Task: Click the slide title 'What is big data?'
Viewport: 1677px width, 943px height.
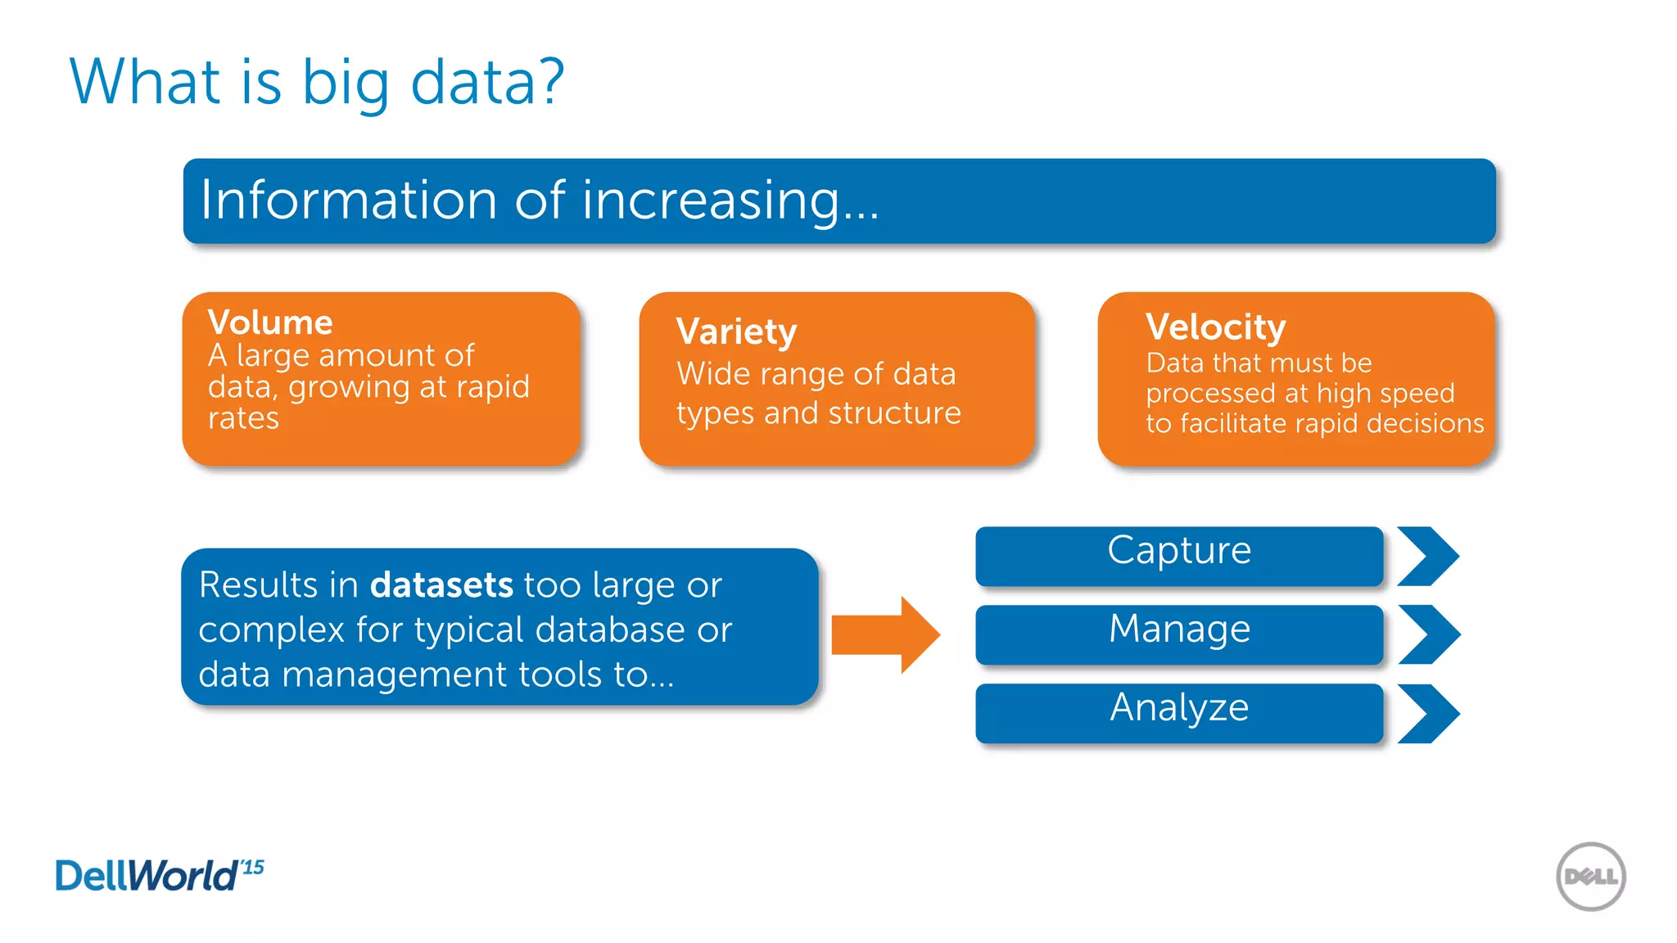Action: click(x=317, y=83)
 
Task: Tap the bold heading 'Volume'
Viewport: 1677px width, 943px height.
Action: click(x=270, y=323)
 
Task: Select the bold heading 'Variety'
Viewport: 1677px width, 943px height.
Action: click(x=736, y=332)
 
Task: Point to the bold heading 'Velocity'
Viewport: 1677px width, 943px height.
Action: click(x=1215, y=327)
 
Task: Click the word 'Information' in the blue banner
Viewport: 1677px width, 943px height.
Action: click(x=349, y=201)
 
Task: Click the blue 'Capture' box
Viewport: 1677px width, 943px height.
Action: click(x=1179, y=554)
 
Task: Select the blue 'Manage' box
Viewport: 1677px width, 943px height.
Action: click(x=1179, y=633)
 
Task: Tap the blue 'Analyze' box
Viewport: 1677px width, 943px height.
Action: click(x=1179, y=711)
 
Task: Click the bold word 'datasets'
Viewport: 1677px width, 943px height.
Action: click(x=441, y=585)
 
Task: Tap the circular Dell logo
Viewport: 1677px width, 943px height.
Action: click(x=1590, y=877)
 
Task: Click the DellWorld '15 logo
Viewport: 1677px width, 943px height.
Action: click(x=159, y=875)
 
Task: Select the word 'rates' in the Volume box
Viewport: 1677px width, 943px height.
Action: click(x=243, y=419)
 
